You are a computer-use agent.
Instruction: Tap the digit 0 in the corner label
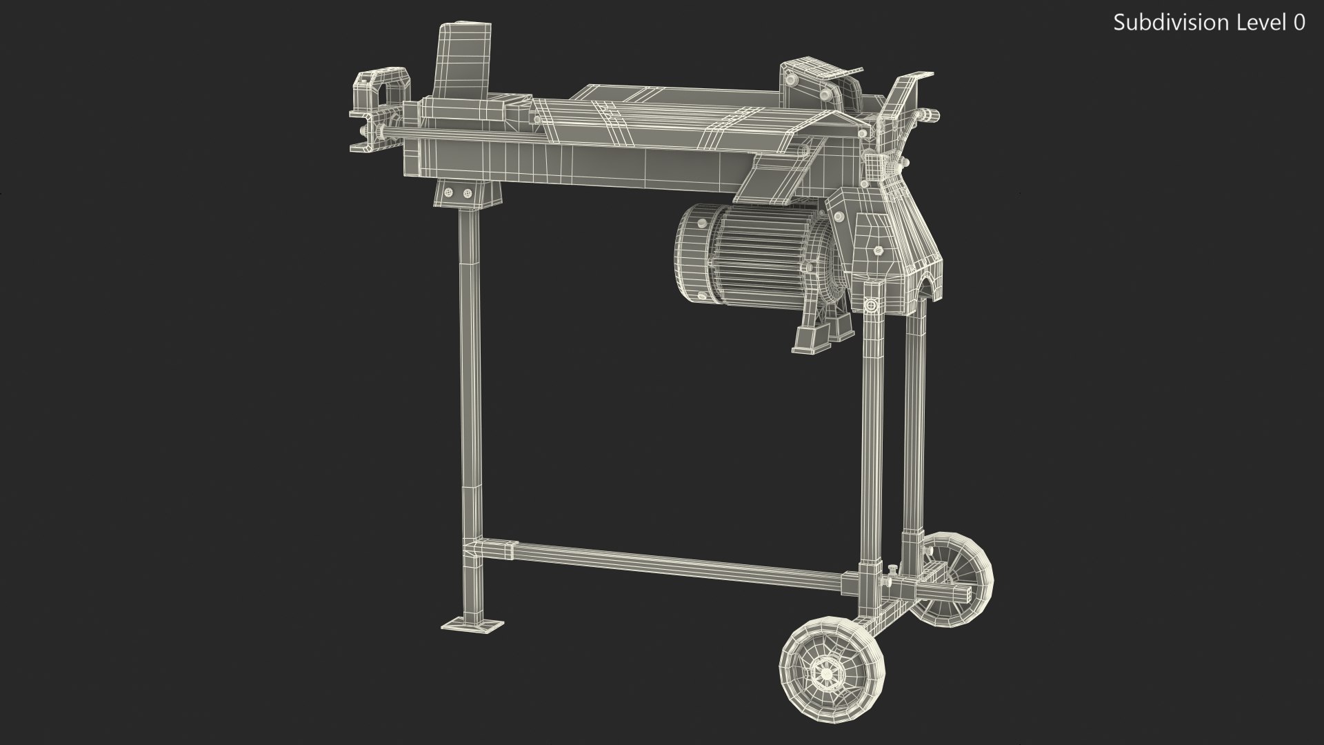point(1299,23)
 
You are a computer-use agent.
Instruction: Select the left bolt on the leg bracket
point(450,191)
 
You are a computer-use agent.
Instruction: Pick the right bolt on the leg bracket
point(467,191)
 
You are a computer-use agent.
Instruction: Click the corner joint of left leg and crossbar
point(473,551)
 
